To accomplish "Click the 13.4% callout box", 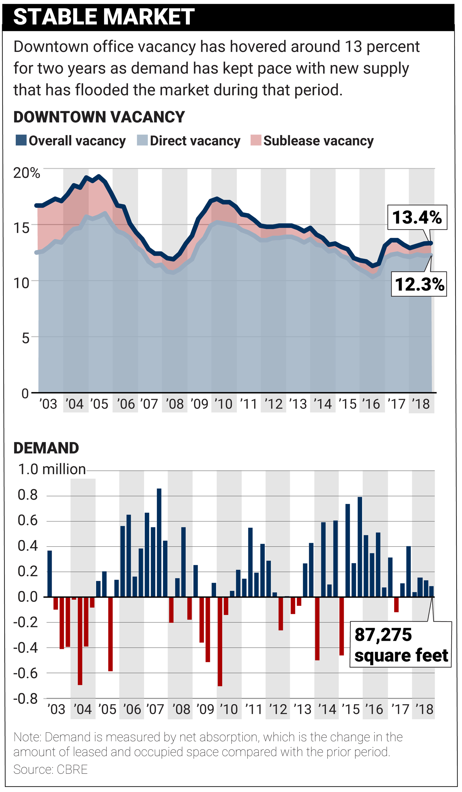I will pos(417,217).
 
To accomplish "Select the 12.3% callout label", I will pos(419,284).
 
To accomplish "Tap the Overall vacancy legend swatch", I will pos(21,140).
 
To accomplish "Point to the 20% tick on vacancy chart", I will pos(27,173).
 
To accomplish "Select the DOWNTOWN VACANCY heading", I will pos(99,117).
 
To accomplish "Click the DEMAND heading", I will pos(46,448).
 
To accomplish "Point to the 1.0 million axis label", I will pos(52,469).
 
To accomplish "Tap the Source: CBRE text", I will pos(50,769).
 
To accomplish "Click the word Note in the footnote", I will pos(27,737).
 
